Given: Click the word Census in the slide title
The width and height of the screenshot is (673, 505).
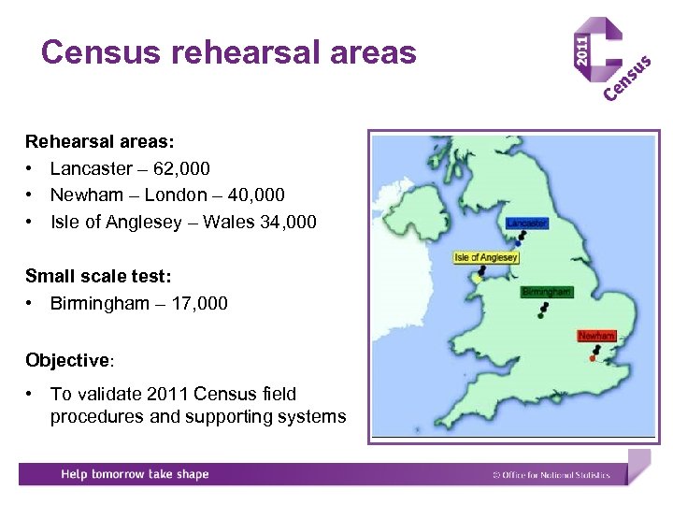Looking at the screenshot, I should [x=101, y=52].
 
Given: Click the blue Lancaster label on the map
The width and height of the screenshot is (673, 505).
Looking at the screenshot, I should [x=527, y=224].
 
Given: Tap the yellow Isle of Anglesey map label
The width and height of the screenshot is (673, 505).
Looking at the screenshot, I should [x=486, y=257].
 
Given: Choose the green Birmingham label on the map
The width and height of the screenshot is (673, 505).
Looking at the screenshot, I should [x=546, y=292].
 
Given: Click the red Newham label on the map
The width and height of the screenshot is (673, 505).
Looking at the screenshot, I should [x=595, y=335].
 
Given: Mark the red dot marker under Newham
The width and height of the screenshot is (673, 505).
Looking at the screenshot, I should [x=593, y=358].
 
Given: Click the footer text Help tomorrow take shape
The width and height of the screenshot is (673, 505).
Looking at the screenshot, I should [x=135, y=474].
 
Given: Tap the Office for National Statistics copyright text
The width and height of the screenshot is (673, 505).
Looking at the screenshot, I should [x=551, y=475].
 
